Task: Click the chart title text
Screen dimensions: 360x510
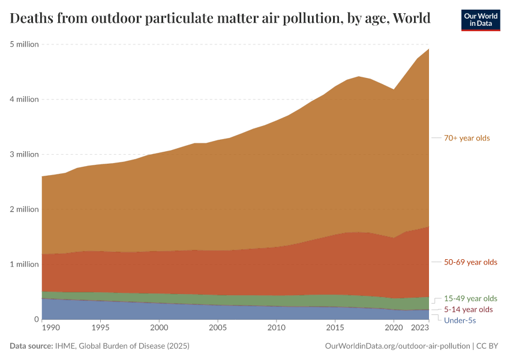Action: point(220,19)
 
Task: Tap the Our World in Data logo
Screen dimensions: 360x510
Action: point(481,20)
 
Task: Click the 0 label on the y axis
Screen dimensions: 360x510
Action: point(36,320)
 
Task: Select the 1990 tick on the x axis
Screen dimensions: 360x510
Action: point(50,328)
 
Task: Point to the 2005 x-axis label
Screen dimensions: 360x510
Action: point(217,328)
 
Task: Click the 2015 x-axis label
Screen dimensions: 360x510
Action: point(335,328)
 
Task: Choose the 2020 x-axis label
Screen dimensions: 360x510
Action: point(394,328)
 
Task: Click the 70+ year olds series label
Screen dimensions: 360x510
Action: point(467,138)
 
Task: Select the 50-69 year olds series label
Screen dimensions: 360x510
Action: point(470,262)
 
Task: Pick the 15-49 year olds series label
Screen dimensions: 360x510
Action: point(470,298)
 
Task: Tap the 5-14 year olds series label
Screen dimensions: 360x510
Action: point(468,310)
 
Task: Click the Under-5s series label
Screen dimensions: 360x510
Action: point(460,320)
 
